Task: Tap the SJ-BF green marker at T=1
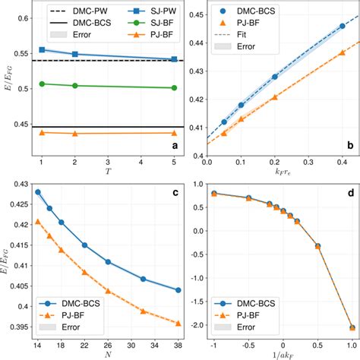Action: pyautogui.click(x=42, y=84)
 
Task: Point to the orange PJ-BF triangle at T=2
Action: pyautogui.click(x=74, y=134)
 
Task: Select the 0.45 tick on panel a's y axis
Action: pyautogui.click(x=16, y=126)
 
